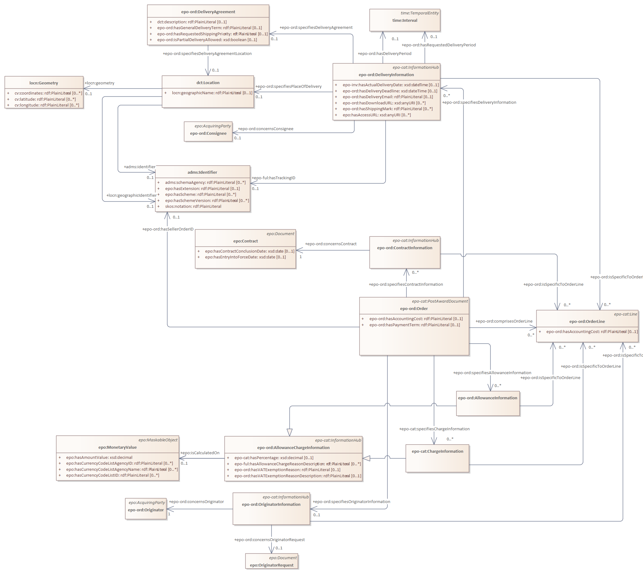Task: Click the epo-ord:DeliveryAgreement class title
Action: [208, 12]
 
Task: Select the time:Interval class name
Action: [404, 21]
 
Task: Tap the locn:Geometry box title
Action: [44, 83]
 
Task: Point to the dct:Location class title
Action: [208, 83]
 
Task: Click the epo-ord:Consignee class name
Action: [208, 134]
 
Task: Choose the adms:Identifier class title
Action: [202, 172]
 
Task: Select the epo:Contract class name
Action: [245, 241]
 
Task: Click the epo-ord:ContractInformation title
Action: [404, 248]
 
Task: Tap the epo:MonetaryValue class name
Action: [117, 447]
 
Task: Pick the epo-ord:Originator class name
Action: [146, 510]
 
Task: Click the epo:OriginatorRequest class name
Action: [271, 565]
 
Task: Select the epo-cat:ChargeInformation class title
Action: [437, 451]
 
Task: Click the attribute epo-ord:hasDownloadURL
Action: [384, 103]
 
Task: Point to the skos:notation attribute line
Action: [193, 207]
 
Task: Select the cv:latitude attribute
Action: [45, 99]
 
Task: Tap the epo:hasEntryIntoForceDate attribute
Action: [245, 257]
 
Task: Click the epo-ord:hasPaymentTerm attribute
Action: [414, 325]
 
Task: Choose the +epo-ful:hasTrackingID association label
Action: [274, 178]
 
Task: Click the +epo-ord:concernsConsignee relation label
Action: [266, 129]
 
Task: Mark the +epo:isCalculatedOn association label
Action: [200, 453]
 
